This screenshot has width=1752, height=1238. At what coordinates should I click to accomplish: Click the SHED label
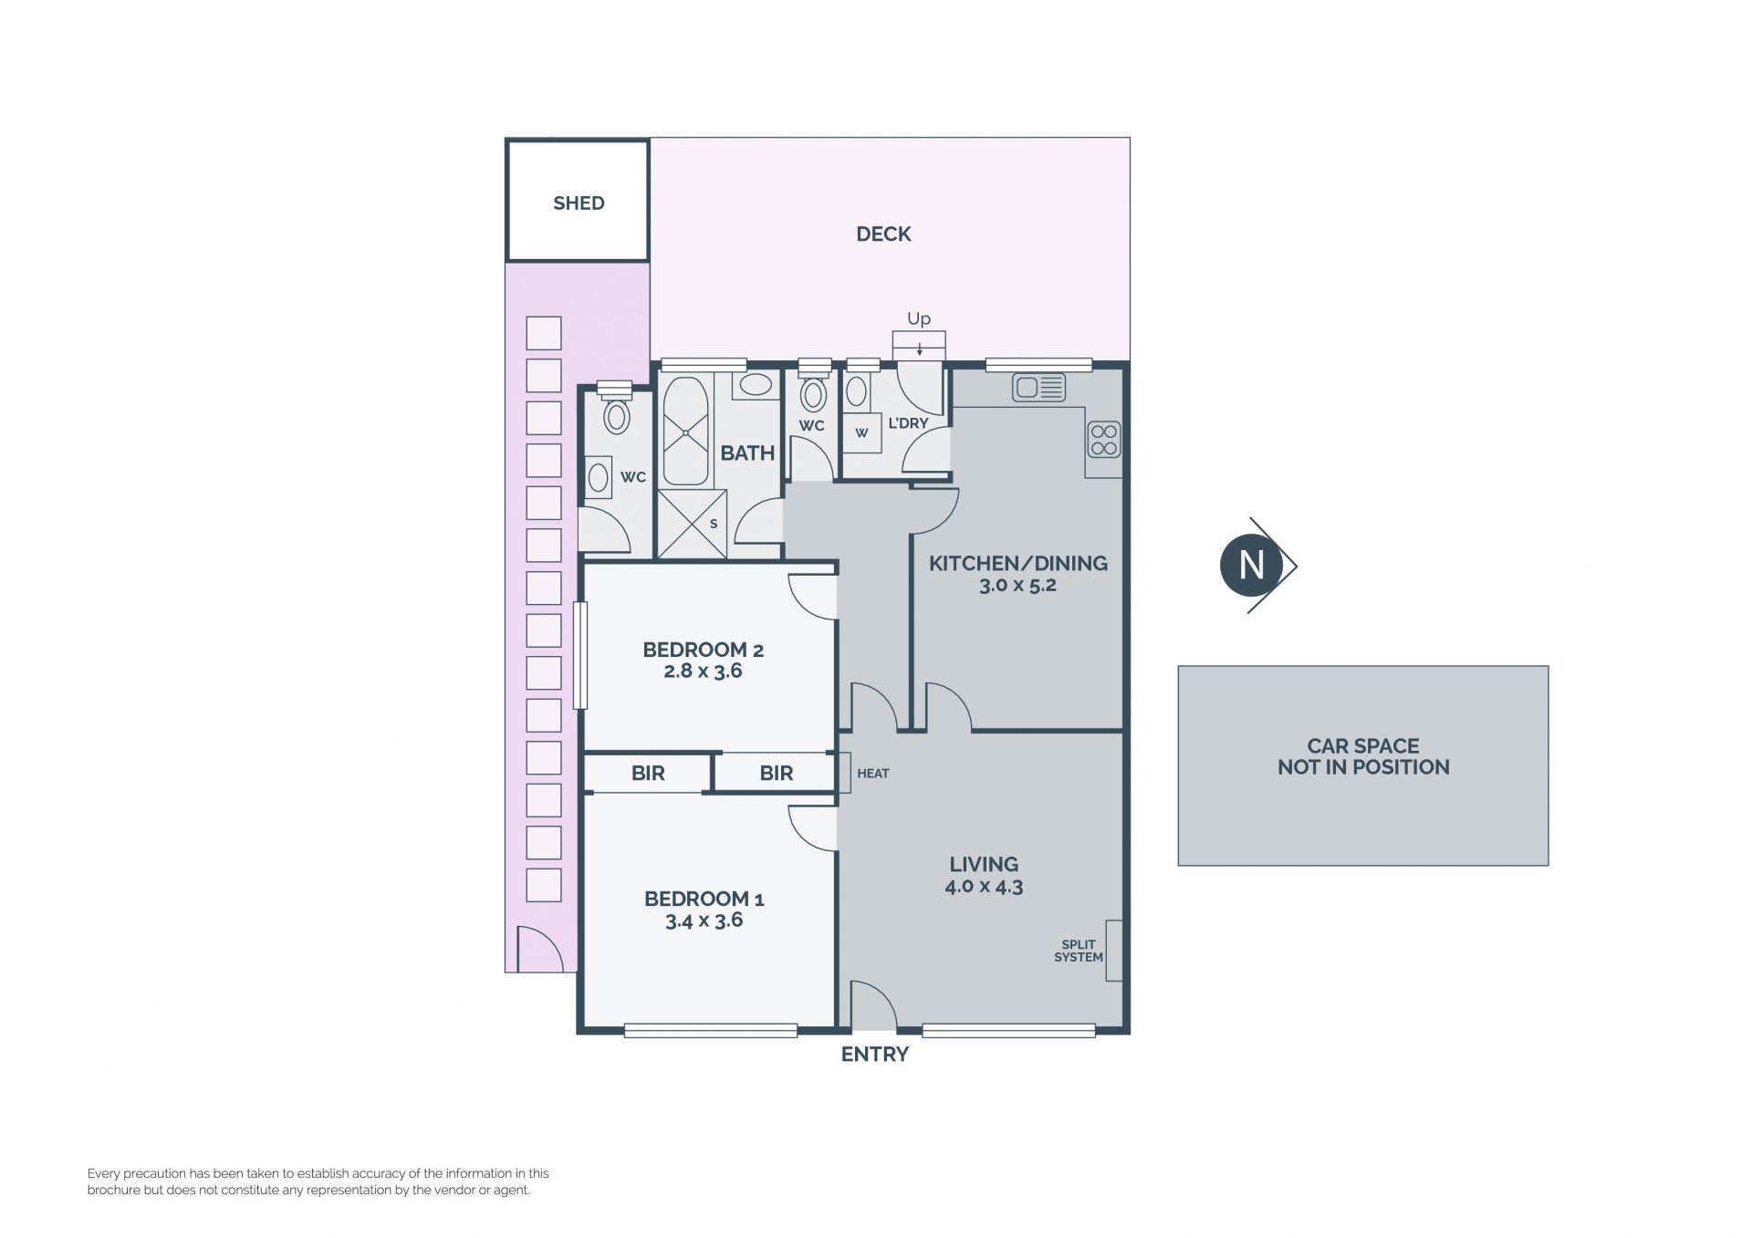coord(579,203)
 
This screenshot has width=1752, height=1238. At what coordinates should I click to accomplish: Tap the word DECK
coord(883,234)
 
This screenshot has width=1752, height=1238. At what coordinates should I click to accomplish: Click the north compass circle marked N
coord(1251,566)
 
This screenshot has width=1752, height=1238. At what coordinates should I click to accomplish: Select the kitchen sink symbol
coord(1038,388)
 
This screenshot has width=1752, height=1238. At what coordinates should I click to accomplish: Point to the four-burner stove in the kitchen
coord(1104,439)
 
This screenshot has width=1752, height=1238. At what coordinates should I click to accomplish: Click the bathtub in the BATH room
coord(685,431)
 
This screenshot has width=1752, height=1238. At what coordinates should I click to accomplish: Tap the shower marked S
coord(693,524)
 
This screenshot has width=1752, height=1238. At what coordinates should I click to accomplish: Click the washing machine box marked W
coord(861,432)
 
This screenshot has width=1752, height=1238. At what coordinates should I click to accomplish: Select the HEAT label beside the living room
coord(873,774)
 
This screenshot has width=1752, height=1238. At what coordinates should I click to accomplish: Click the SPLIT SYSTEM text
coord(1079,951)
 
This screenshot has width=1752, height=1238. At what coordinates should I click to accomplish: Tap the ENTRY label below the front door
coord(874,1055)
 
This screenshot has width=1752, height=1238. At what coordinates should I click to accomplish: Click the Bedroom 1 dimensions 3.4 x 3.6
coord(704,921)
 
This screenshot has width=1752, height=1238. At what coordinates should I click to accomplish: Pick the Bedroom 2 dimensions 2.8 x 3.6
coord(703,671)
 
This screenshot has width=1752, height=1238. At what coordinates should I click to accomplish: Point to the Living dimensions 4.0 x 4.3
coord(984,886)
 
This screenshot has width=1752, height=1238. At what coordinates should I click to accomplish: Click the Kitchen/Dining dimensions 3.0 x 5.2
coord(1017,586)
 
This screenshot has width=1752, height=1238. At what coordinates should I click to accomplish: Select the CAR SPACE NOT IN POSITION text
coord(1363,757)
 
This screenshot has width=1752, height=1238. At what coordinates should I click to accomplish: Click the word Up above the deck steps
coord(919,318)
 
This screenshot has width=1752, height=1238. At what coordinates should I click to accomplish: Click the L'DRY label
coord(908,423)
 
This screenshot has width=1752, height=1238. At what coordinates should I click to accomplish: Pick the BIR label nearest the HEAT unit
coord(777,774)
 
